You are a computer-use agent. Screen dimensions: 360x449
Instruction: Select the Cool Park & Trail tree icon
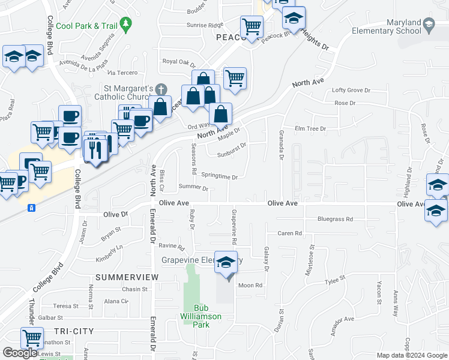click(x=125, y=25)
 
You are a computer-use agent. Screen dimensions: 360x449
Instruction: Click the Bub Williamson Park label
click(x=202, y=320)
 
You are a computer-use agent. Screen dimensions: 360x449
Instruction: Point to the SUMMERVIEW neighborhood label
click(x=126, y=277)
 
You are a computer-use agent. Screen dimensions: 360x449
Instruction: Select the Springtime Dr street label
click(x=219, y=177)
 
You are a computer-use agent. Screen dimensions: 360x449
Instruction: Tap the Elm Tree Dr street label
click(x=310, y=128)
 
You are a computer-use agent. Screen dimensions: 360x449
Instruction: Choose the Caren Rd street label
click(x=288, y=233)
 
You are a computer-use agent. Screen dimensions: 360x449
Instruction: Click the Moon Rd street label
click(x=250, y=285)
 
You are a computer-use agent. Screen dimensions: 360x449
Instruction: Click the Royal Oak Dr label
click(x=179, y=62)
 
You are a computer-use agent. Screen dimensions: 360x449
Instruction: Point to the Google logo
click(x=20, y=353)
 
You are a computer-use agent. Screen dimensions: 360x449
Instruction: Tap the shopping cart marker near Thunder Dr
click(x=31, y=338)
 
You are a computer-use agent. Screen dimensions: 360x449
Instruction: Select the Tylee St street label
click(x=335, y=280)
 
